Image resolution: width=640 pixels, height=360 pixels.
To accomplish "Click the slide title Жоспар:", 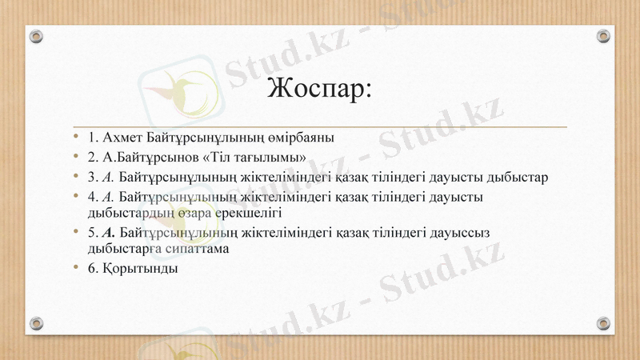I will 319,87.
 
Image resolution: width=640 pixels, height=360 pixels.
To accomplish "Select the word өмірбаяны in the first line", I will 304,137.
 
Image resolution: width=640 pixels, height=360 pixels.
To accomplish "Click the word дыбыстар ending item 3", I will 516,177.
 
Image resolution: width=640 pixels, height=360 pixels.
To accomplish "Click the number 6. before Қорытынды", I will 93,268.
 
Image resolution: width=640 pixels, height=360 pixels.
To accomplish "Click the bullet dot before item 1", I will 76,137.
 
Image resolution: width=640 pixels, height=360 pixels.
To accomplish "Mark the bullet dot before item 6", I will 76,268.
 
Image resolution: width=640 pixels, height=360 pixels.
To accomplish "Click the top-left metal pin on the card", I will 36,36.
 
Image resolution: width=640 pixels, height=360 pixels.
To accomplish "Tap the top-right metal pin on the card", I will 604,36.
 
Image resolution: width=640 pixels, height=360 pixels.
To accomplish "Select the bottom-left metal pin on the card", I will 36,323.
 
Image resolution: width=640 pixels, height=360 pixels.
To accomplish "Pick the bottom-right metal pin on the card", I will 604,323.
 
